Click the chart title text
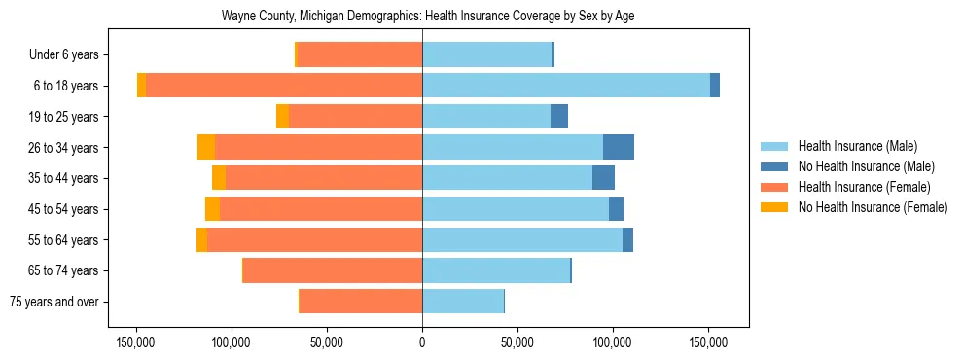click(428, 17)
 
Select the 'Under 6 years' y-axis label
click(69, 55)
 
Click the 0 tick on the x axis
click(422, 342)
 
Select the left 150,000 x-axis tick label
click(136, 342)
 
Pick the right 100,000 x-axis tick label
click(613, 342)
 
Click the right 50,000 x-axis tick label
click(517, 342)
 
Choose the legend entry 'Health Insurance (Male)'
click(857, 146)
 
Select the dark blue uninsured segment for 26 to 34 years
click(619, 147)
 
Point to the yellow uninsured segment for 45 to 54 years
click(212, 209)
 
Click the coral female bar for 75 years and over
click(361, 302)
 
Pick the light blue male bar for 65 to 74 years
click(496, 270)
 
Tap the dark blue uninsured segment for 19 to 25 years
click(559, 117)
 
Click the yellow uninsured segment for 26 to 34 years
click(206, 147)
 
